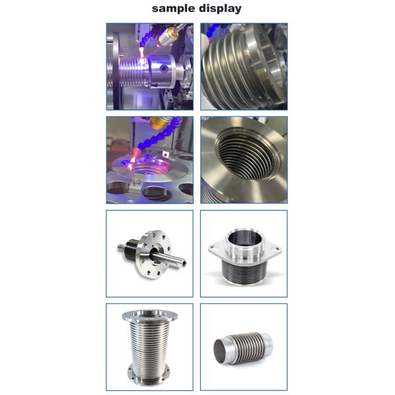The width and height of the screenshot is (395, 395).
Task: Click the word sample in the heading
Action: click(x=174, y=9)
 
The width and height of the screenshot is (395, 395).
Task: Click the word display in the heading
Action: click(x=220, y=9)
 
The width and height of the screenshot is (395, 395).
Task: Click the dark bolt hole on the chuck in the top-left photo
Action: click(x=164, y=68)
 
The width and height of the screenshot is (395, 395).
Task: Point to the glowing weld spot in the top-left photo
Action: click(x=144, y=60)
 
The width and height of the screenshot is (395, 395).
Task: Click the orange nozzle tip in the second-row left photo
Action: click(x=136, y=153)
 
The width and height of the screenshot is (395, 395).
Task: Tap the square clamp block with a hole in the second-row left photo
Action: click(x=165, y=154)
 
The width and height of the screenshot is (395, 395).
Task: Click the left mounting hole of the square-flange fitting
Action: click(x=214, y=247)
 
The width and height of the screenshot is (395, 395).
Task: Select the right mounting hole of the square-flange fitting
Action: click(x=278, y=249)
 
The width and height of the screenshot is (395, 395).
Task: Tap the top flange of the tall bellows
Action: click(x=149, y=315)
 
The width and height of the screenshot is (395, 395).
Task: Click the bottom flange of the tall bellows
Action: click(x=149, y=377)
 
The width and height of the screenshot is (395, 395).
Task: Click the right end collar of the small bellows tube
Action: click(x=267, y=342)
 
